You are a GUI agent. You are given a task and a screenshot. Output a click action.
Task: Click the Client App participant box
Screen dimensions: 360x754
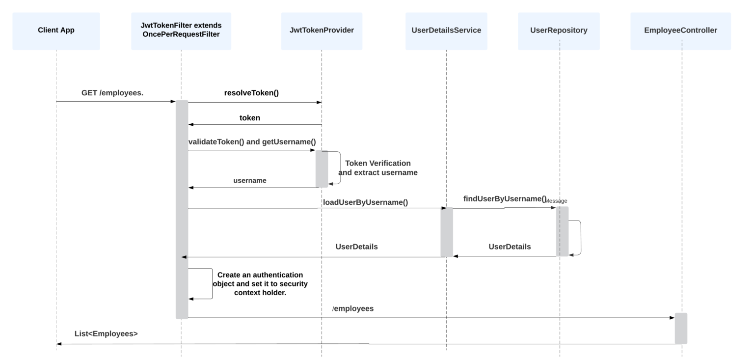coord(56,30)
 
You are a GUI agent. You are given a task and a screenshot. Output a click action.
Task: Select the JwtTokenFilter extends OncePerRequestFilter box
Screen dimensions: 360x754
coord(181,30)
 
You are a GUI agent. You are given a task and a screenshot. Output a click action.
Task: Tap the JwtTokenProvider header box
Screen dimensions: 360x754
coord(322,30)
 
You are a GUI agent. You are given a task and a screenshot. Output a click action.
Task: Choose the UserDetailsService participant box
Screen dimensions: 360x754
coord(446,30)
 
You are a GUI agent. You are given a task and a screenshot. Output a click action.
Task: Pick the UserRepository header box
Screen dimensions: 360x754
coord(559,30)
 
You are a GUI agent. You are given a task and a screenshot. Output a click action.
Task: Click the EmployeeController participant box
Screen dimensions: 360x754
coord(680,30)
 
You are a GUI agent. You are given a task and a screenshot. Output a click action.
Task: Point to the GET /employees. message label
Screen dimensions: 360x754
coord(112,93)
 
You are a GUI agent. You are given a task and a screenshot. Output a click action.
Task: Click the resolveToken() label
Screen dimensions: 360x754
coord(251,93)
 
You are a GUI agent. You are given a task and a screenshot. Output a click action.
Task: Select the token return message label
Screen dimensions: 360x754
coord(250,118)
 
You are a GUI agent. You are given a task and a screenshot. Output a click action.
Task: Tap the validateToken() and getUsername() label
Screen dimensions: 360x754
coord(252,142)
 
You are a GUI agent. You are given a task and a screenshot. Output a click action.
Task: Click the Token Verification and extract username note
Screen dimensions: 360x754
coord(377,168)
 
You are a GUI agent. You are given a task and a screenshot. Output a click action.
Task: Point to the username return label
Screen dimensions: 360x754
coord(250,181)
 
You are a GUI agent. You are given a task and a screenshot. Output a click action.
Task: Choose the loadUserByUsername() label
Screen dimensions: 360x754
coord(365,202)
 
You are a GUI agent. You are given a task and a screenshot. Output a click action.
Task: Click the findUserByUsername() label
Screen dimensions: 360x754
coord(505,199)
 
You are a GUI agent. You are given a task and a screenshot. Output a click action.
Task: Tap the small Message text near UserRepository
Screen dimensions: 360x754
coord(557,201)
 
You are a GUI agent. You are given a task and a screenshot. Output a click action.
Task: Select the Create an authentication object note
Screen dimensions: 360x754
coord(260,284)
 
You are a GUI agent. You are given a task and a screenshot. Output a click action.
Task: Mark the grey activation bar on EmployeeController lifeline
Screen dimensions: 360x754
coord(681,328)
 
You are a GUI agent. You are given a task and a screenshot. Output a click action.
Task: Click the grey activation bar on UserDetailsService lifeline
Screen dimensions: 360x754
coord(447,232)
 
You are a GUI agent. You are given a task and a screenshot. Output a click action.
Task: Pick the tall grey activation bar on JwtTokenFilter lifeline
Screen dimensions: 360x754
coord(182,209)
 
